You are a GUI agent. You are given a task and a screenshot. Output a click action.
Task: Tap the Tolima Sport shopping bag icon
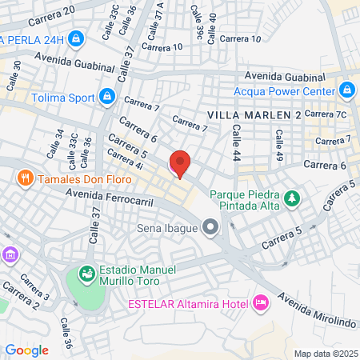pyautogui.click(x=106, y=98)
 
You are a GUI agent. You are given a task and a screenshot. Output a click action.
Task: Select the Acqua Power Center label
pyautogui.click(x=284, y=90)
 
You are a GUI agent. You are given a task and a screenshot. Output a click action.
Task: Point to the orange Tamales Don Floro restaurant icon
pyautogui.click(x=26, y=178)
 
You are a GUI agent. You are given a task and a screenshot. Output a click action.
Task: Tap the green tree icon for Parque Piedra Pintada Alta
pyautogui.click(x=294, y=197)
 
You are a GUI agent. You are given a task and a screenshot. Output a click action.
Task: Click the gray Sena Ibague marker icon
pyautogui.click(x=210, y=228)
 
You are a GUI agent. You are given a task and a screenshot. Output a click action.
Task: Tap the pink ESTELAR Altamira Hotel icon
pyautogui.click(x=260, y=303)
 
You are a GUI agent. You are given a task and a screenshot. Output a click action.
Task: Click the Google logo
pyautogui.click(x=26, y=350)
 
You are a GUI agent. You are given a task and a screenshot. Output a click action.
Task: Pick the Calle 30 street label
pyautogui.click(x=14, y=74)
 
